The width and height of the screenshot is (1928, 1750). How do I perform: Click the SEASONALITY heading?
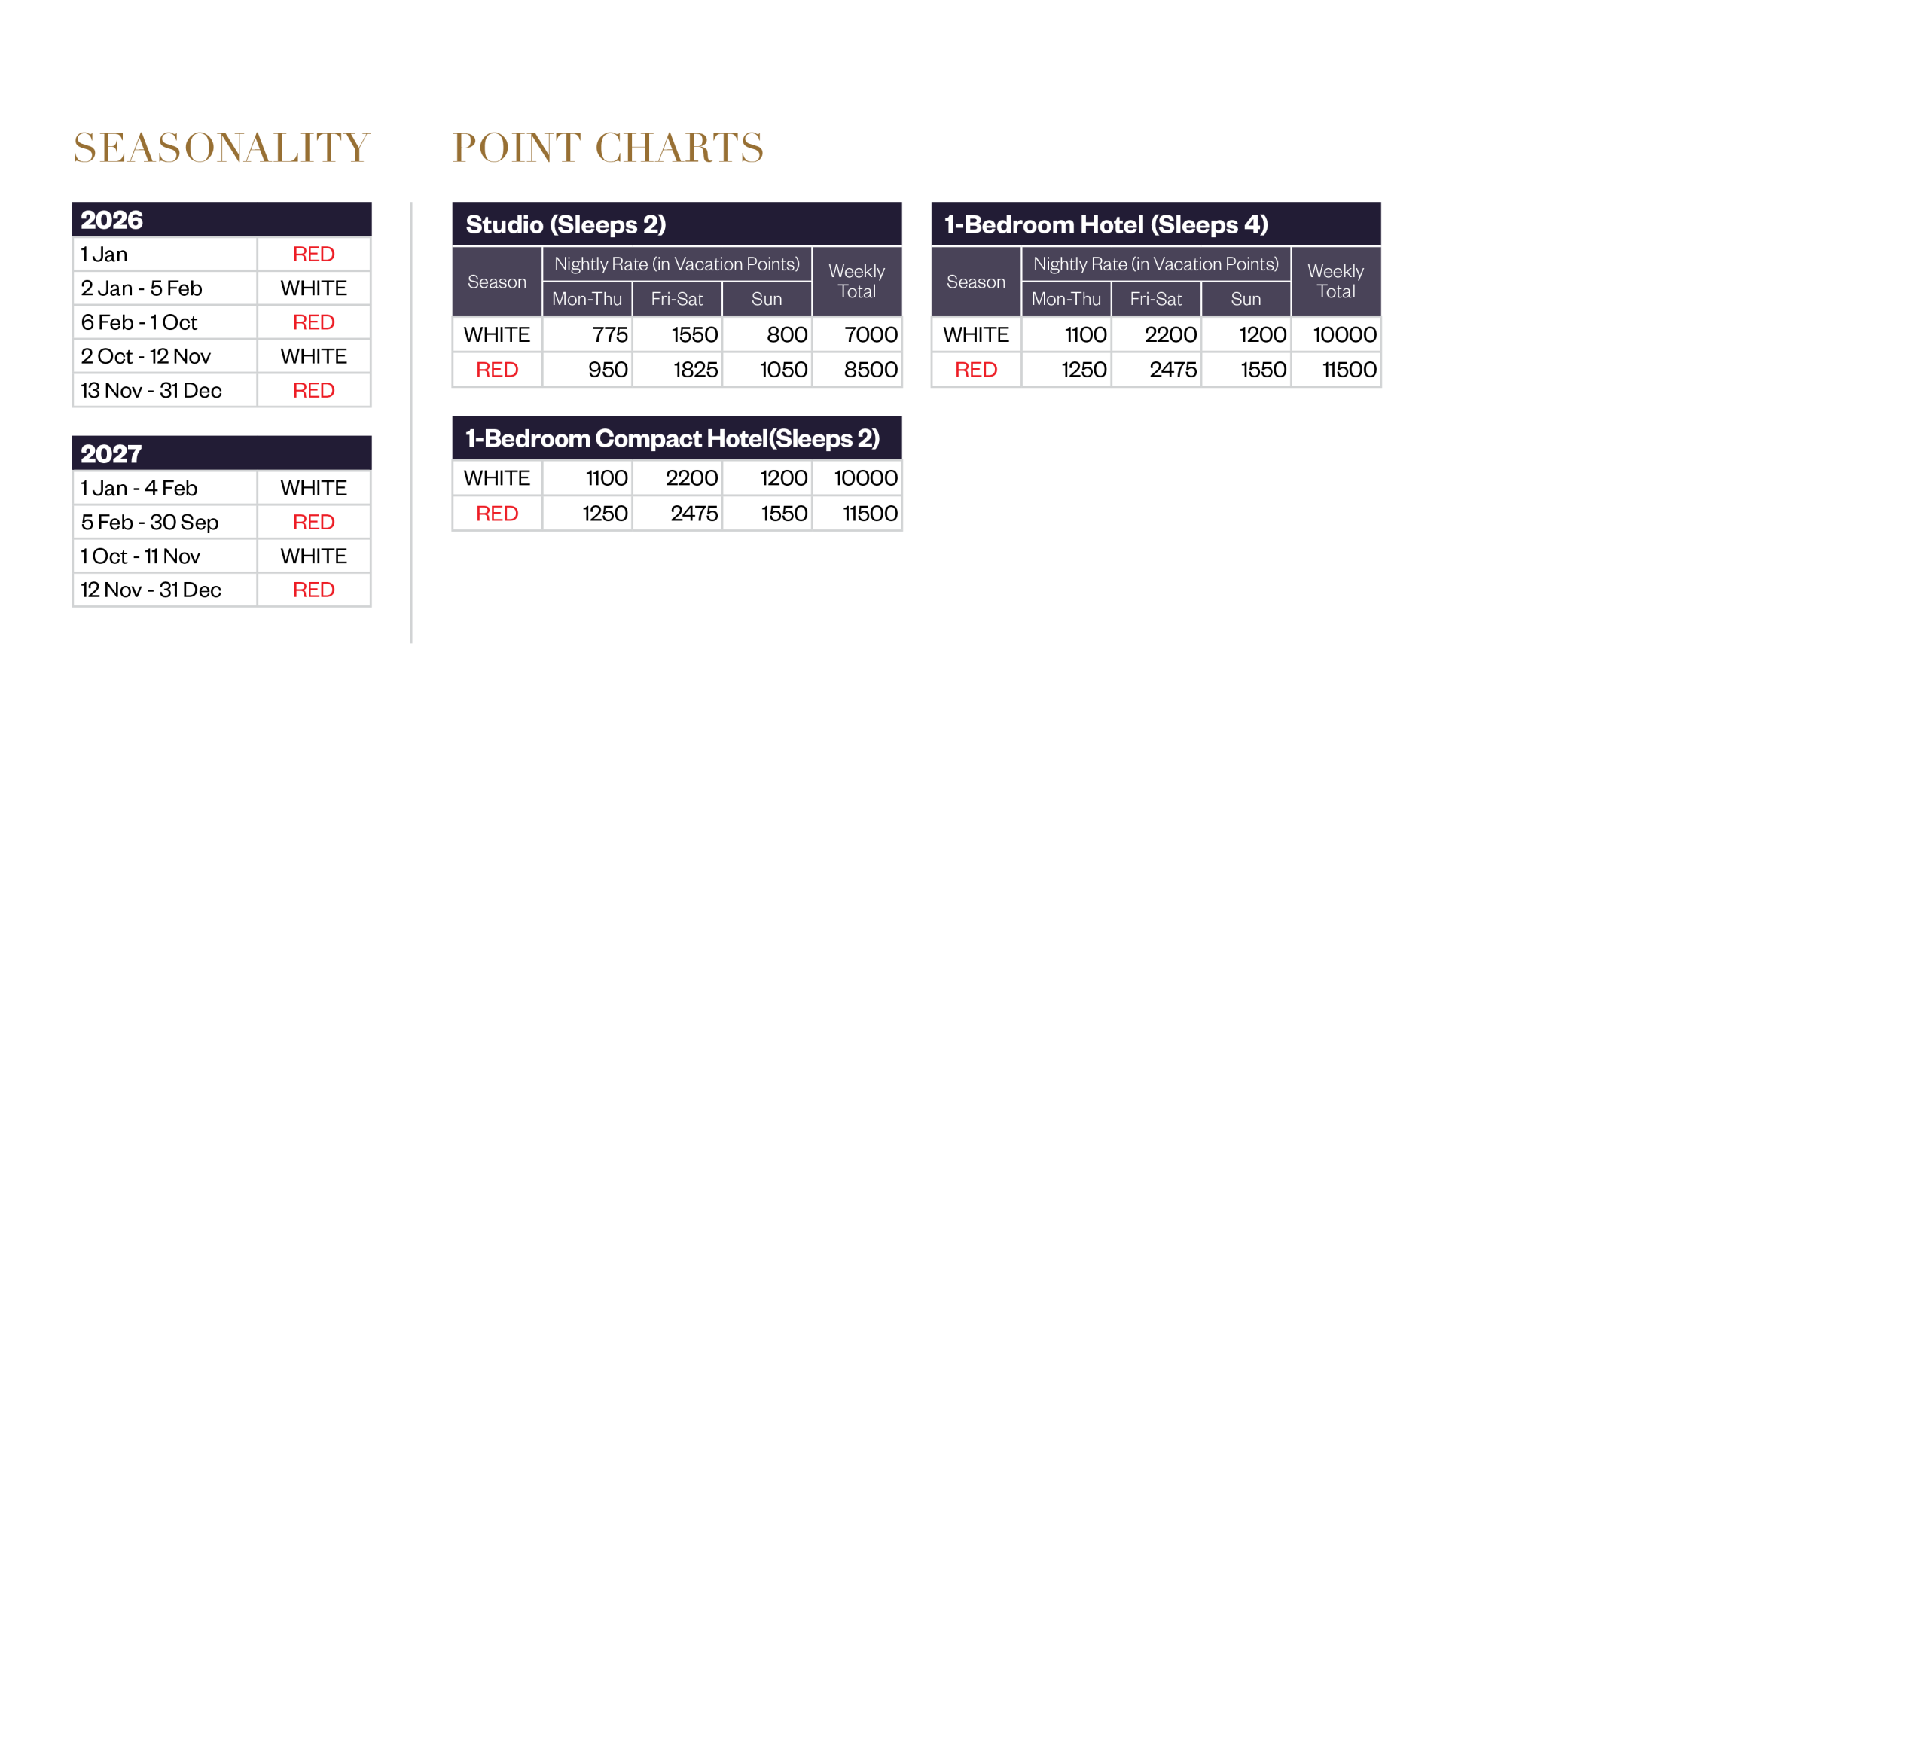[221, 148]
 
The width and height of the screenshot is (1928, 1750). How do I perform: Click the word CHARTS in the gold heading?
[679, 148]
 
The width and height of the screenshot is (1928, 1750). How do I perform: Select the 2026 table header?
[112, 220]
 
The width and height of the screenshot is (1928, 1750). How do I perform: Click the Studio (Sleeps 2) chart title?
[565, 224]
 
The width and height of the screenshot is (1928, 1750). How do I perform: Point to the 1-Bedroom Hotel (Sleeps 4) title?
[1106, 224]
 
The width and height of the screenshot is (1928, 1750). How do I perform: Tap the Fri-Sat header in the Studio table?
[676, 299]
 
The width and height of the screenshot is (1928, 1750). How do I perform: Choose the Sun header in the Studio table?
[766, 299]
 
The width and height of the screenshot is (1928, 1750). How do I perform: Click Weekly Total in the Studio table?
[856, 281]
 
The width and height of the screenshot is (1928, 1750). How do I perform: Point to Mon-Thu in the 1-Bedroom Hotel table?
[1066, 299]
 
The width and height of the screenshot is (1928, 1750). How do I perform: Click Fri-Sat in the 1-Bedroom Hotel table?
[1155, 299]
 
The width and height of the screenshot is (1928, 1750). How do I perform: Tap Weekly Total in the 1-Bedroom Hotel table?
[1335, 281]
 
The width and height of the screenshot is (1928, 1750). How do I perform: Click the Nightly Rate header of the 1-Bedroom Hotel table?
[1155, 264]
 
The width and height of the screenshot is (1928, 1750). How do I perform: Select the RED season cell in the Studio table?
[497, 370]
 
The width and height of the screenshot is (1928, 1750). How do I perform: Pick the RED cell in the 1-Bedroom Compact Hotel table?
[497, 514]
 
